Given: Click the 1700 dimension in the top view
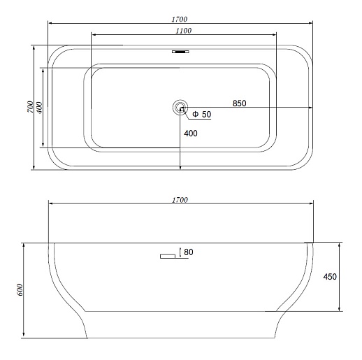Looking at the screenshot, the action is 180,19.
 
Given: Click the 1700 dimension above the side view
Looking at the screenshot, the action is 180,200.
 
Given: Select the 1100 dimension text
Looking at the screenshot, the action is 184,31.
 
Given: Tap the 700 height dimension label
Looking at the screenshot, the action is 31,107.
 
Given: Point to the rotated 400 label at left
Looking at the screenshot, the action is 39,108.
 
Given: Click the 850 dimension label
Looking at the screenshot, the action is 240,103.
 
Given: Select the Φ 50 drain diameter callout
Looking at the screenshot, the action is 202,114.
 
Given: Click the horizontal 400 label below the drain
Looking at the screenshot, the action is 191,134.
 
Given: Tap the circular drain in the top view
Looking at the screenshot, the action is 180,108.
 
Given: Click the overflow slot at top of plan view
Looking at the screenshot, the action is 180,52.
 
